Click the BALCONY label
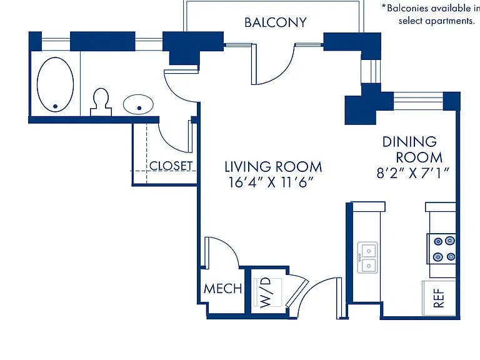click(x=275, y=22)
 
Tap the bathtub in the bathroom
click(x=56, y=84)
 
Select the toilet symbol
click(x=101, y=102)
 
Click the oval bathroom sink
click(x=138, y=104)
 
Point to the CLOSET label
click(x=171, y=166)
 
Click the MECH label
click(x=223, y=288)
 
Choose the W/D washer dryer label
click(x=266, y=292)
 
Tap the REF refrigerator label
click(x=439, y=298)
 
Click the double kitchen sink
click(x=367, y=257)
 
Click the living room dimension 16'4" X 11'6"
click(x=271, y=182)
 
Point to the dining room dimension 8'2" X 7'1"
click(x=412, y=173)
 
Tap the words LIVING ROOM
click(x=273, y=167)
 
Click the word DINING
click(x=409, y=142)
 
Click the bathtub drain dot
click(x=55, y=106)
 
